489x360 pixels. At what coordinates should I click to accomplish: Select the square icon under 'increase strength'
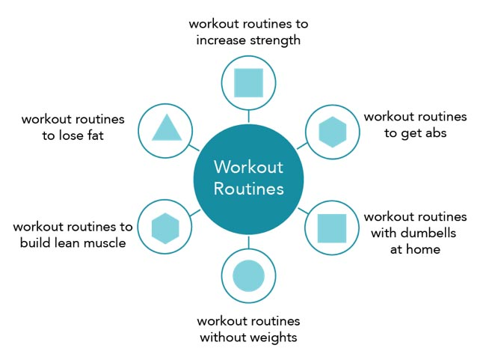tap(248, 83)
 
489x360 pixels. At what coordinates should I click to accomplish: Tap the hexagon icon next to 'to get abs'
tap(333, 132)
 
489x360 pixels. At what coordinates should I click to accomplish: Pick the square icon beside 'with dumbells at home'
tap(332, 228)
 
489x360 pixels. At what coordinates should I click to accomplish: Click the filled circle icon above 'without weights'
tap(248, 275)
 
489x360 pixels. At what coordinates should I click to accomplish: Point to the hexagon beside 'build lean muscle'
tap(165, 228)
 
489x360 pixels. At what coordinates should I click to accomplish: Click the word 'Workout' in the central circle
tap(248, 167)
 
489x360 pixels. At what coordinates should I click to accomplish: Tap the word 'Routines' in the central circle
tap(248, 189)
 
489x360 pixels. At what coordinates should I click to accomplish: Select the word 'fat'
tap(96, 135)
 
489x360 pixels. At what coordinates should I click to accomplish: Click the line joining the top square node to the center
tap(248, 116)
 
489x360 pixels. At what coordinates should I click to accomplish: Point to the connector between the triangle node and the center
tap(194, 147)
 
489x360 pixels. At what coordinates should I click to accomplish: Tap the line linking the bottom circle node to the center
tap(248, 242)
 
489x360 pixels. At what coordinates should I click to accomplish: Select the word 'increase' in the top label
tap(221, 40)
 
